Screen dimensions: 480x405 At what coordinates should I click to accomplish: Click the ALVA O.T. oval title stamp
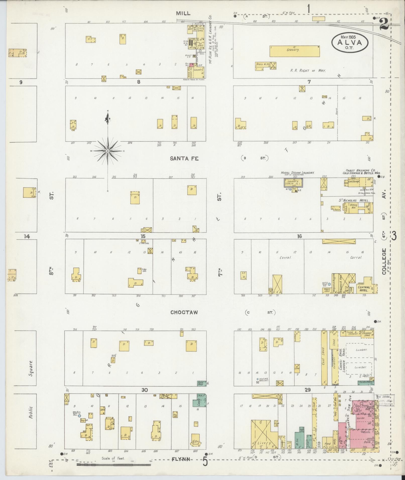350,42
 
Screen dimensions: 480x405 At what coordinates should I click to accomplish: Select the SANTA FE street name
184,158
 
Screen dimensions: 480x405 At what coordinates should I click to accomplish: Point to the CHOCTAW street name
184,312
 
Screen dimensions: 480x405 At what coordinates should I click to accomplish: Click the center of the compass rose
108,151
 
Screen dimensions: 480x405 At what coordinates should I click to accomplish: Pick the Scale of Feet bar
113,465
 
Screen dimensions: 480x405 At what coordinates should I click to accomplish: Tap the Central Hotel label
364,289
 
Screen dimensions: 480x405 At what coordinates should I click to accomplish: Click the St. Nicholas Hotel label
354,200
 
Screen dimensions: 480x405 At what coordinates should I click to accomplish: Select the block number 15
143,236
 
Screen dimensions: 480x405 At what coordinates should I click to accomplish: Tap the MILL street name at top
183,13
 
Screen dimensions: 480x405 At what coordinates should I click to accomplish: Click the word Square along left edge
31,368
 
